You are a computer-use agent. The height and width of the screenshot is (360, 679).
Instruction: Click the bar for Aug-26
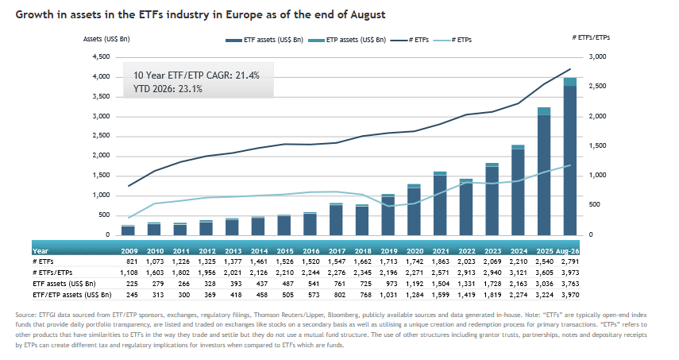(x=570, y=157)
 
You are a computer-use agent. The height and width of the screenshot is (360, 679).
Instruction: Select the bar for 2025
(x=544, y=171)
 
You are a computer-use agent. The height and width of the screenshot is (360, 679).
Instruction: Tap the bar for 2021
(x=440, y=203)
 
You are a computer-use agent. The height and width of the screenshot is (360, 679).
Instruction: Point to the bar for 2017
(x=336, y=219)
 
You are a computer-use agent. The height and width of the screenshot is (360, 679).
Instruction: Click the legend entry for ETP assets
(x=347, y=40)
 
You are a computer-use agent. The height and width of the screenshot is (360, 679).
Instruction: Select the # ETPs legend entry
(x=453, y=40)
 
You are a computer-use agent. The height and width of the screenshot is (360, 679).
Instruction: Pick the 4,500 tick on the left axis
(x=102, y=56)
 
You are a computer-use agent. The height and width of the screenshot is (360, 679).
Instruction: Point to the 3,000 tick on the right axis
(x=597, y=56)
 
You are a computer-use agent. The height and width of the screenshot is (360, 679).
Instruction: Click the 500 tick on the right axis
(x=594, y=204)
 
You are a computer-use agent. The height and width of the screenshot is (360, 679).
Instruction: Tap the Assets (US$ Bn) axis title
(x=106, y=39)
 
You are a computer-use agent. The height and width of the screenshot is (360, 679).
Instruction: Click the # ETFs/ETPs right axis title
(x=591, y=37)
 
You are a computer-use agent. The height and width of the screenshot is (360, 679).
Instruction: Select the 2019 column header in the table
(x=389, y=251)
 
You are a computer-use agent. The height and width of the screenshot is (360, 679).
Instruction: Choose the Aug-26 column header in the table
(x=567, y=251)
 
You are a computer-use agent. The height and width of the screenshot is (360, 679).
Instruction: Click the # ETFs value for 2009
(x=132, y=261)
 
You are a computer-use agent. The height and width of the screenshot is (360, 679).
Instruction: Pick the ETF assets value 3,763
(x=570, y=284)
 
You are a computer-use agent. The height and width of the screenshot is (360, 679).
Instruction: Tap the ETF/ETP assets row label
(x=72, y=295)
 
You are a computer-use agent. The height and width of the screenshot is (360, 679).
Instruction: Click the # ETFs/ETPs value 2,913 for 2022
(x=467, y=273)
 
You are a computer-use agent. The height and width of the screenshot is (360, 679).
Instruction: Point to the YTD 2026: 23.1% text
(x=168, y=89)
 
